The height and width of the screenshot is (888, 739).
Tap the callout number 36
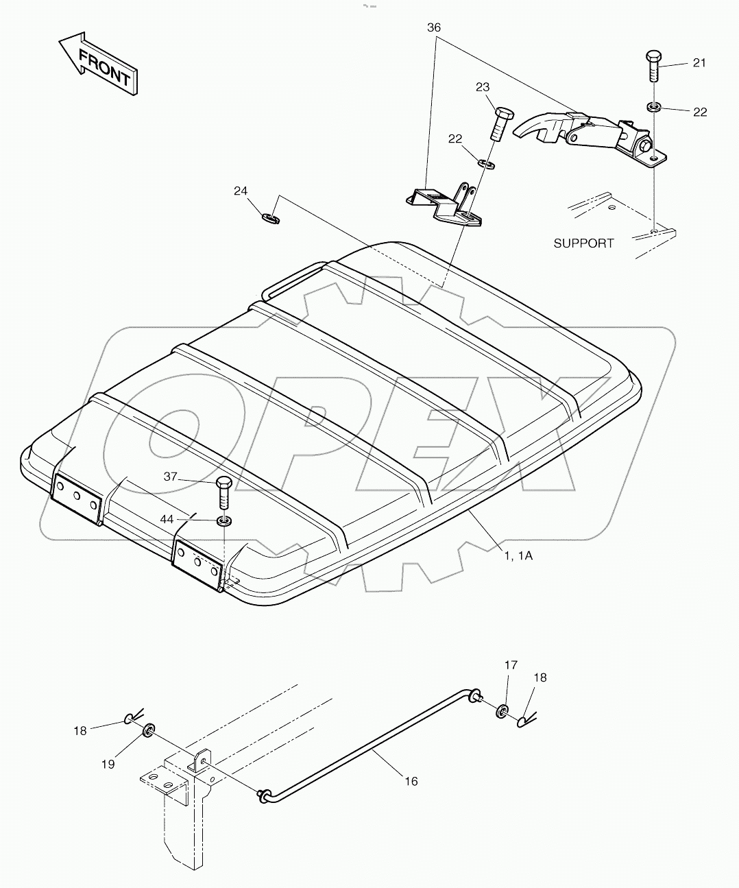click(x=434, y=28)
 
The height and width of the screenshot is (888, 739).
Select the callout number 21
click(x=699, y=63)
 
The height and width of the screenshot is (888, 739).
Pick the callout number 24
click(x=240, y=191)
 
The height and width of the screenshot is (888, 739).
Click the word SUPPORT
click(x=583, y=243)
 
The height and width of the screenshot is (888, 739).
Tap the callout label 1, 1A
click(x=518, y=556)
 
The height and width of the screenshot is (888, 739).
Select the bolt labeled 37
click(x=224, y=492)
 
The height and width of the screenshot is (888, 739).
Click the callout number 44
click(x=167, y=519)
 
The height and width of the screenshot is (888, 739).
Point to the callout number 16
click(x=411, y=781)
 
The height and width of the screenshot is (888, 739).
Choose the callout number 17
click(x=511, y=664)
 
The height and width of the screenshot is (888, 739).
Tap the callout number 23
click(x=483, y=87)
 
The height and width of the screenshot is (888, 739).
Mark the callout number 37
click(x=171, y=477)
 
